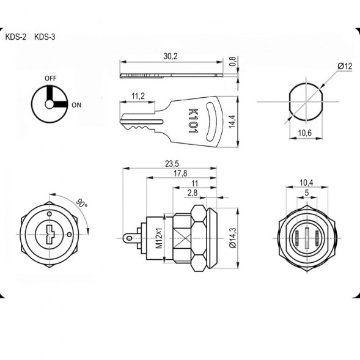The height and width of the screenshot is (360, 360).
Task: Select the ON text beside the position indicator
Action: tap(77, 105)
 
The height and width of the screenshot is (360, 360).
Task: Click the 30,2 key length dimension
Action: tap(171, 56)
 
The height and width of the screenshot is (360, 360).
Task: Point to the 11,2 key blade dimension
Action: tap(138, 95)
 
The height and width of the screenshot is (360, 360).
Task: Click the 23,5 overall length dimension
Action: tap(172, 163)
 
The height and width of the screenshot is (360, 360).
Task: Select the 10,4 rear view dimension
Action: tap(307, 183)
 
